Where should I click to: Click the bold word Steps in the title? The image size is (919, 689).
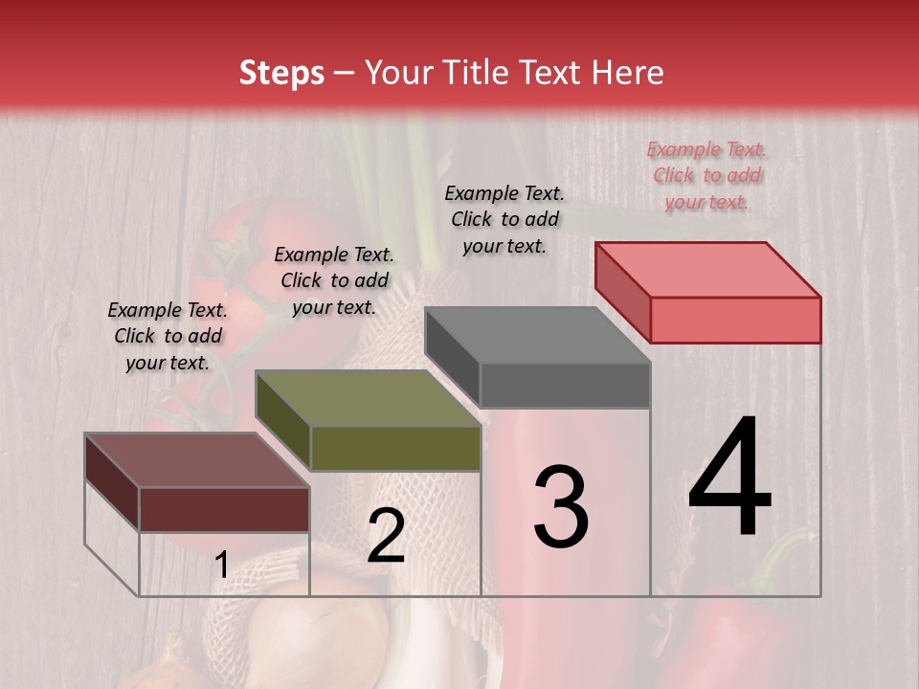point(281,74)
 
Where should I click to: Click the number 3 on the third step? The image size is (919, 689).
point(561,507)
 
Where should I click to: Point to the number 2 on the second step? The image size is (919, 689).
point(386,537)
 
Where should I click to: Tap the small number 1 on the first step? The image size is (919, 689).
point(221,566)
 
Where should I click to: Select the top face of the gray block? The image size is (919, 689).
point(538,335)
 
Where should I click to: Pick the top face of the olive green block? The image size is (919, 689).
point(369,398)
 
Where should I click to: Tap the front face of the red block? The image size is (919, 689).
point(735,320)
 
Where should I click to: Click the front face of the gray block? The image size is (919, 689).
point(565,385)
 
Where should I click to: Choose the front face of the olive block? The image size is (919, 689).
point(395,448)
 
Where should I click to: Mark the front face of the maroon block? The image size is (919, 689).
point(225,509)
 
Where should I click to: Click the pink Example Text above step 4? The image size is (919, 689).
point(706,175)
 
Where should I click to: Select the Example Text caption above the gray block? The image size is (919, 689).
point(504,219)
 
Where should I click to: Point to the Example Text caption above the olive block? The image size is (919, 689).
point(334,280)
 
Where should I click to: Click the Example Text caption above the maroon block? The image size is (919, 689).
point(168,336)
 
